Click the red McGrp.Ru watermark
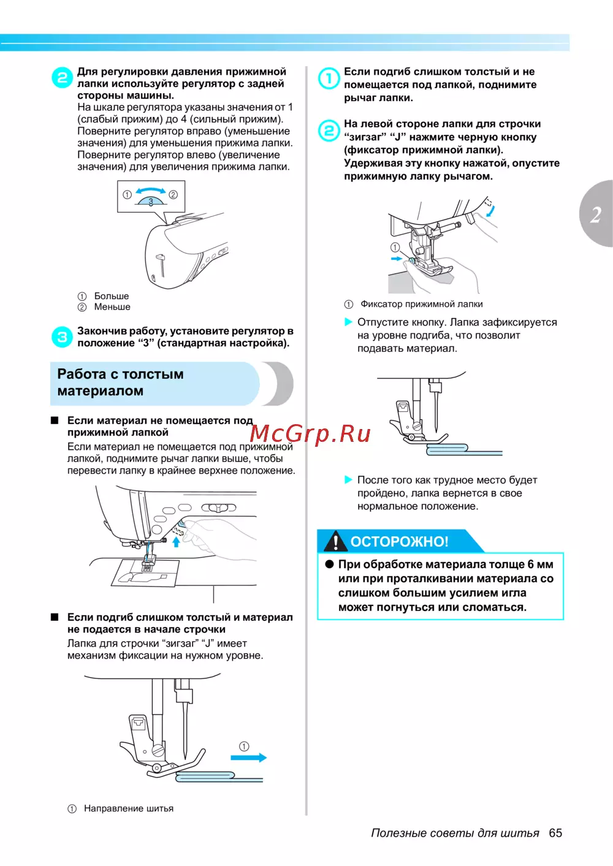(310, 434)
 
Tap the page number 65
(555, 832)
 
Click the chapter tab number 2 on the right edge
(596, 215)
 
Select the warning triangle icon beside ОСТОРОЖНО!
(335, 541)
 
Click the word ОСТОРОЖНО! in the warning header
(399, 541)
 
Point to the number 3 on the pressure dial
(151, 202)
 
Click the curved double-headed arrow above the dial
(150, 190)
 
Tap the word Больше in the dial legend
(112, 296)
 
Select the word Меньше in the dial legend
(112, 306)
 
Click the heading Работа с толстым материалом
(120, 382)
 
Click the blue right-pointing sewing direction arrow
(248, 758)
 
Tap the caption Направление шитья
(128, 808)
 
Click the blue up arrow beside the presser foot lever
(176, 542)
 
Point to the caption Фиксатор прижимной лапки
(422, 304)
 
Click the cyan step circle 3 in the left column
(62, 336)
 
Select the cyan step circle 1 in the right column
(329, 78)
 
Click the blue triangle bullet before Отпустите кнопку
(348, 322)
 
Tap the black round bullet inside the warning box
(329, 564)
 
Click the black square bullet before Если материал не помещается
(55, 420)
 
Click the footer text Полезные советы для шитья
(455, 833)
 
